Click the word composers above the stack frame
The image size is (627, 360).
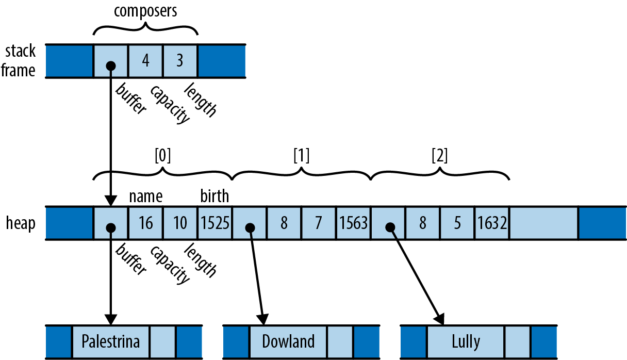[146, 11]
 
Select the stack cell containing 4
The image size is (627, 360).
[145, 61]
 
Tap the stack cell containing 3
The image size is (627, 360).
[180, 61]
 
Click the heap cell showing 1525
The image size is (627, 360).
[214, 223]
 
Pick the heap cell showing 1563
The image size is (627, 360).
[353, 223]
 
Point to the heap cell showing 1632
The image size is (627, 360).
[492, 223]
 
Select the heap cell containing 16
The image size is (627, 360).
[145, 223]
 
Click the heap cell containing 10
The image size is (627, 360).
[180, 223]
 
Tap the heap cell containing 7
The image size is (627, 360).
[319, 223]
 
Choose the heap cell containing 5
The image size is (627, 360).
[457, 223]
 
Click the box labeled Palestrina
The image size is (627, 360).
[111, 341]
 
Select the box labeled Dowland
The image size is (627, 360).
[288, 341]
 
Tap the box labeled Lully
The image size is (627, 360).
[466, 341]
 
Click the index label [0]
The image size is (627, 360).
[162, 156]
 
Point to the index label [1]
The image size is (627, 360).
[301, 156]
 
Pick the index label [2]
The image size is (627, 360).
[440, 156]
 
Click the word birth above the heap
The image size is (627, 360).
[214, 197]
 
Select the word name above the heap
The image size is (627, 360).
[146, 197]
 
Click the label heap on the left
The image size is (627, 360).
[21, 224]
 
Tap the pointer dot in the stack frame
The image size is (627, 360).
[110, 66]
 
